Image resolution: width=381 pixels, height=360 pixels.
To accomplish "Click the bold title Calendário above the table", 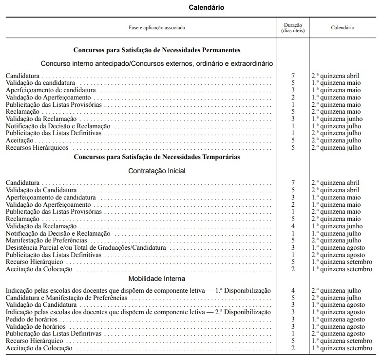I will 207,7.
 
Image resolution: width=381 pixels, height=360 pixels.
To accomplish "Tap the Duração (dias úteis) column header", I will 293,28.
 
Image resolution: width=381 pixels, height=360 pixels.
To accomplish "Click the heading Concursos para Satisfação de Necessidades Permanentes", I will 156,50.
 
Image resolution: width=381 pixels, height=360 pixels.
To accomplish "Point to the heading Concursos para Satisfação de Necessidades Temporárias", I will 156,157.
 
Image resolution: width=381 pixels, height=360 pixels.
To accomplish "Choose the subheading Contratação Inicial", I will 156,171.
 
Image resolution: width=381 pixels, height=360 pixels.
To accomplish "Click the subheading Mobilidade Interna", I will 156,279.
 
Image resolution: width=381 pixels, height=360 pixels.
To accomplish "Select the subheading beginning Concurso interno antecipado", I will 156,63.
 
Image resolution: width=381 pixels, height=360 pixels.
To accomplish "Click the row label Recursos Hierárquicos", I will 37,147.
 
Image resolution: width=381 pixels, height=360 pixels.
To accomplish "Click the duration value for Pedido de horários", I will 293,319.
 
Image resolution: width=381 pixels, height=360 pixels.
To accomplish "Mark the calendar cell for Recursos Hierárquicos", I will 336,147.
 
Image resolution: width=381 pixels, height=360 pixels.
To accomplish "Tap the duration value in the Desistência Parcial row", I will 293,248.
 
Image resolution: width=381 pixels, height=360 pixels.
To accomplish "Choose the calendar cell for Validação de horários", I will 338,326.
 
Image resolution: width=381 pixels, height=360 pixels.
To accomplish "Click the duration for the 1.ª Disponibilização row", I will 293,291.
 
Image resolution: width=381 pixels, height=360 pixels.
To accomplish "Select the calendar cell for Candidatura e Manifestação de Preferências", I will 336,298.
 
